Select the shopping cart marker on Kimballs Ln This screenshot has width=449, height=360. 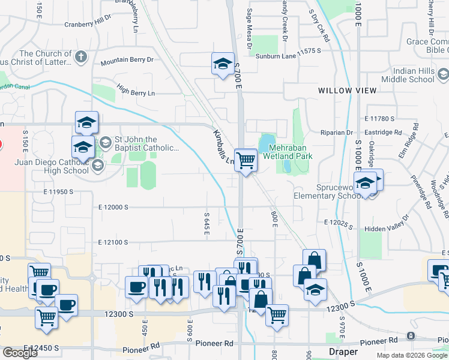point(246,160)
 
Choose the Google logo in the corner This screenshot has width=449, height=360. point(20,352)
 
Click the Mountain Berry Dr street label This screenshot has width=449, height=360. point(127,61)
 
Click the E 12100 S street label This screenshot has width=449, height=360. point(113,242)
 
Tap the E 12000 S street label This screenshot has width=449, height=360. point(113,207)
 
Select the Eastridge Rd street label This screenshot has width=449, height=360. point(382,132)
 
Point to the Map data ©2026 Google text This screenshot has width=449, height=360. point(412,355)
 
